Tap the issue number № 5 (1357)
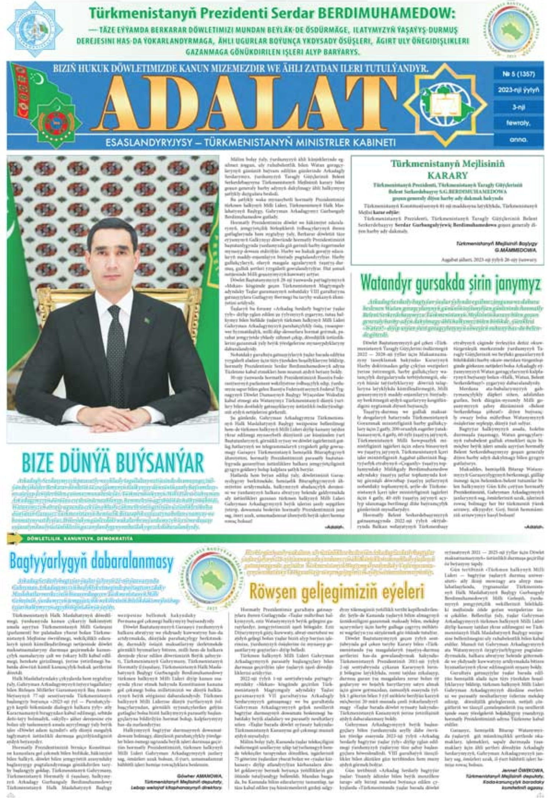(x=519, y=74)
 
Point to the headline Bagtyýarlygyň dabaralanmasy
(x=91, y=562)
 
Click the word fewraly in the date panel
(x=518, y=123)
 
